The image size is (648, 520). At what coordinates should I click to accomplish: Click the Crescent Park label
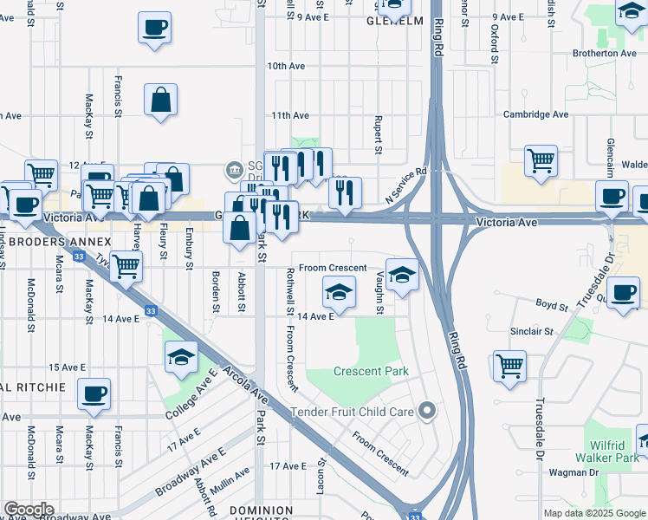[372, 372]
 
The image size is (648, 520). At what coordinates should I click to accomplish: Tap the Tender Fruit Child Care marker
[426, 411]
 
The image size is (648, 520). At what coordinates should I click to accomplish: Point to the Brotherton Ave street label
[605, 53]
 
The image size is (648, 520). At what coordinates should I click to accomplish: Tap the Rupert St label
[379, 136]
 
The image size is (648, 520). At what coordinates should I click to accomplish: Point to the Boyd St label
[551, 306]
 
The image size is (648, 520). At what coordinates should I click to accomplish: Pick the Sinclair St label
[532, 331]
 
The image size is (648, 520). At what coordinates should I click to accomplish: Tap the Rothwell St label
[290, 291]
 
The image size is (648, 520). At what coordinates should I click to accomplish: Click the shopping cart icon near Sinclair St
[509, 365]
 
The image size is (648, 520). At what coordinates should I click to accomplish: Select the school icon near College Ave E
[181, 357]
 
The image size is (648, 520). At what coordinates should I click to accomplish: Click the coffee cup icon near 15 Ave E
[94, 393]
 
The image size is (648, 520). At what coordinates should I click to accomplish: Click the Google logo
[29, 510]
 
